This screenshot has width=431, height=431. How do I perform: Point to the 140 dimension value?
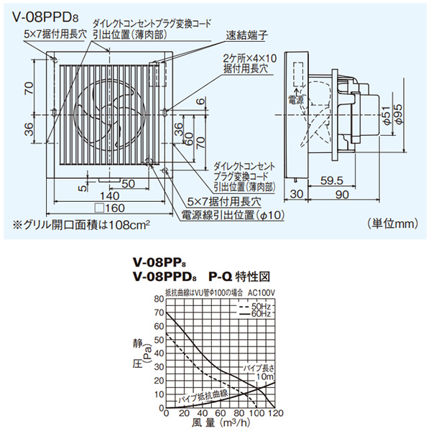[x=108, y=196]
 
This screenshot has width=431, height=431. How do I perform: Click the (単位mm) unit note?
[x=389, y=224]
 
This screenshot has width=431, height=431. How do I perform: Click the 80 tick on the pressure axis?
[x=158, y=299]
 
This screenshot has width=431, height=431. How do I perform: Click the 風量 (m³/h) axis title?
[x=215, y=424]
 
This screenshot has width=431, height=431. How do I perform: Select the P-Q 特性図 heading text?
[x=238, y=275]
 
